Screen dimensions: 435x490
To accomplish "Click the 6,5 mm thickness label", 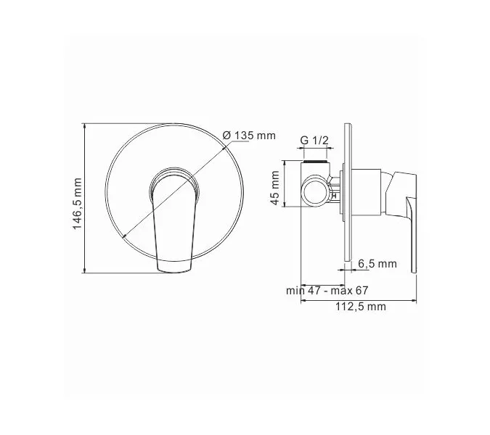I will pyautogui.click(x=377, y=264).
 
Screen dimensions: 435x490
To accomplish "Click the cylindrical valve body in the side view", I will pyautogui.click(x=366, y=191).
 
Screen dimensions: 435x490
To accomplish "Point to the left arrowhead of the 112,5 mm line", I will pyautogui.click(x=303, y=298).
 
